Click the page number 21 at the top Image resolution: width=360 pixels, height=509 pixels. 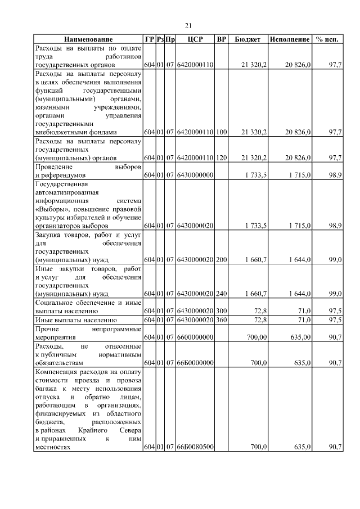pos(188,25)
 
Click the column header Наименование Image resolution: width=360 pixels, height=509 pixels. pos(88,40)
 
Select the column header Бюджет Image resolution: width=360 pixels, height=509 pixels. pos(247,40)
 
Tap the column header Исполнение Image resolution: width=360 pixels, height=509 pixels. pos(290,40)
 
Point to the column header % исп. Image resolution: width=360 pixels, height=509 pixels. pos(327,40)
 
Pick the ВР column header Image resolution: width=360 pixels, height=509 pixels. pos(222,40)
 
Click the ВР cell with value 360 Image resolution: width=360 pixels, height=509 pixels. pos(222,320)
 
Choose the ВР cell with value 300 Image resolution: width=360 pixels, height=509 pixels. pos(222,310)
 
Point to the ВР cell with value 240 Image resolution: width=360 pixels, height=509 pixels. pos(222,294)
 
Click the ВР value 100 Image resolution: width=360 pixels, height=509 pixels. pos(222,132)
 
